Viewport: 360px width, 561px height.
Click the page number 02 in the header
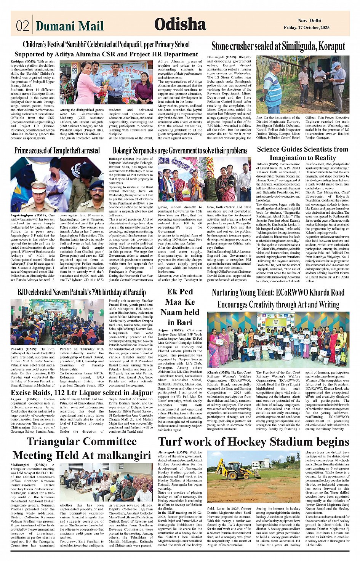[x=22, y=26]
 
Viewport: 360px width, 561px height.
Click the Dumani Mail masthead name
[x=69, y=26]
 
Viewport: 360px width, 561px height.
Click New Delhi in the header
[x=309, y=21]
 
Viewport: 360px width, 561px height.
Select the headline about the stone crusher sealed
[x=278, y=46]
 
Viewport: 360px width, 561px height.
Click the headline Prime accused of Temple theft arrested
[x=57, y=150]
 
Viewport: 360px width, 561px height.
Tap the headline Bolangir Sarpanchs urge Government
[x=180, y=151]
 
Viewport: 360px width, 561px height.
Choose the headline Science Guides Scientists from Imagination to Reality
[x=302, y=153]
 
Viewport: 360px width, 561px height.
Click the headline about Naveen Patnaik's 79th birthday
[x=82, y=292]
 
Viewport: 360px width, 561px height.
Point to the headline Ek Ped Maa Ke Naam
[x=180, y=307]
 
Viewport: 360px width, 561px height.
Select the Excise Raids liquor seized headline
[x=82, y=393]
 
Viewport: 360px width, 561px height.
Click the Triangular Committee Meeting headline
[x=82, y=448]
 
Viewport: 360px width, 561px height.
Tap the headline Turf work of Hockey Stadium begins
[x=254, y=442]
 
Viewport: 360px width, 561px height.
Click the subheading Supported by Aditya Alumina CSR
[x=106, y=54]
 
